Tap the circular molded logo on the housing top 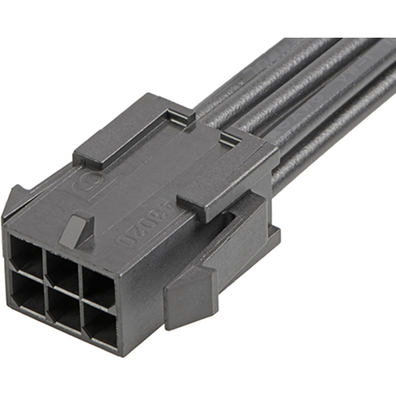pos(81,187)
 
